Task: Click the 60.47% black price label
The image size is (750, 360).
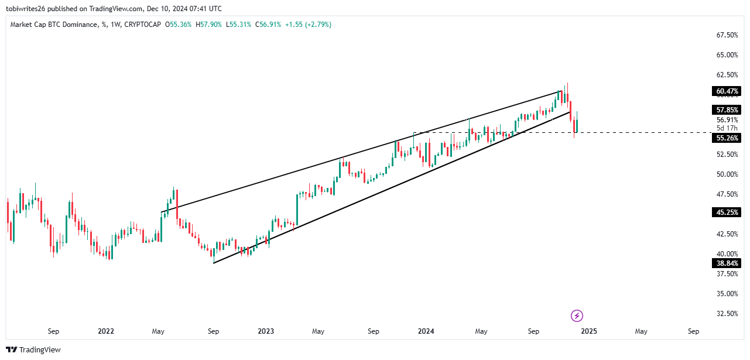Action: coord(726,91)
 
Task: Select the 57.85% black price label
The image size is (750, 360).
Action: coord(726,110)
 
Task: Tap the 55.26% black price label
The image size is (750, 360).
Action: coord(726,138)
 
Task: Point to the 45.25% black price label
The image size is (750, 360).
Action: coord(726,212)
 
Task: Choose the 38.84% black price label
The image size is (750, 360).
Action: coord(726,263)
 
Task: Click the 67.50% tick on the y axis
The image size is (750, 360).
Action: coord(727,35)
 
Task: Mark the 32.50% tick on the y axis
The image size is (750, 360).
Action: coord(727,314)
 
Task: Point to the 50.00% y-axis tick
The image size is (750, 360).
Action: coord(727,174)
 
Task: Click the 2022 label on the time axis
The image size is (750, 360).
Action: coord(106,331)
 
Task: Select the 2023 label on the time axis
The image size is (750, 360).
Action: coord(266,331)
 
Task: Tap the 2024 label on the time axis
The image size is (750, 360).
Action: coord(426,331)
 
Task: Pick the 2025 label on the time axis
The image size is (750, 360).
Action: coord(588,331)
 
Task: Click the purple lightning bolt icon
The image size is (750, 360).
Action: coord(577,316)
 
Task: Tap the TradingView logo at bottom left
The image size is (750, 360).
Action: coord(35,350)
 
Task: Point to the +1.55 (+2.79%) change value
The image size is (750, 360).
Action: coord(308,25)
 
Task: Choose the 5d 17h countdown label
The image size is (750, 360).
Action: coord(727,128)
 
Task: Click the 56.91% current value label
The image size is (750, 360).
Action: coord(727,120)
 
